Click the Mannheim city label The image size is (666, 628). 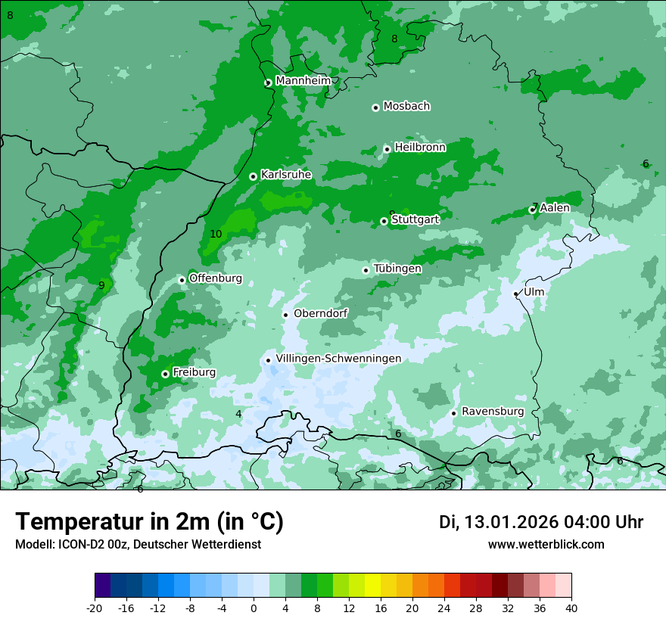(x=303, y=81)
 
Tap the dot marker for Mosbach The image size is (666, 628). (x=375, y=107)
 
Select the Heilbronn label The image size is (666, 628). (x=420, y=148)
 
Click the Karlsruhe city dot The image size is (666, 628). (x=253, y=176)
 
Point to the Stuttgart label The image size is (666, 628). (x=415, y=219)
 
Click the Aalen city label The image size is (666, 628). (x=555, y=207)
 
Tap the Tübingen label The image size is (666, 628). (x=397, y=269)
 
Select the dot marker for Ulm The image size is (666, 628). (x=516, y=294)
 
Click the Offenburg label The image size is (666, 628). (x=216, y=278)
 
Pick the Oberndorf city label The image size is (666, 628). (x=320, y=313)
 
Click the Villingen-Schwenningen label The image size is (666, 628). (x=338, y=359)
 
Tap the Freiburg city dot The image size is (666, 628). (x=165, y=374)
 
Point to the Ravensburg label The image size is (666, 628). (x=493, y=412)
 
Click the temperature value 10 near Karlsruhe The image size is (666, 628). (x=216, y=235)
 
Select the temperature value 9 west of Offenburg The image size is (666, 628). (x=101, y=285)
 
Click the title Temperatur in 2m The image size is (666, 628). (x=149, y=522)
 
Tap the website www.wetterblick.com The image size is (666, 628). (x=546, y=545)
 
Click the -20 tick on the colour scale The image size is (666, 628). (x=95, y=608)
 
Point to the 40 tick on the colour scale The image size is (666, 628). (x=571, y=608)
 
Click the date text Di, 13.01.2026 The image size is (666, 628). (x=498, y=522)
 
